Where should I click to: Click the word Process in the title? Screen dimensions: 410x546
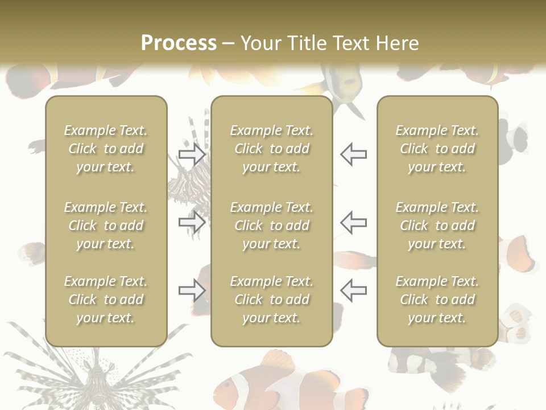click(x=179, y=43)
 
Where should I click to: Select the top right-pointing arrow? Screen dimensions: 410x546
click(x=192, y=154)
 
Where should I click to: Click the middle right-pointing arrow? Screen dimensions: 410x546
click(x=192, y=222)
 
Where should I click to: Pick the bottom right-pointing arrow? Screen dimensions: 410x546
click(x=192, y=290)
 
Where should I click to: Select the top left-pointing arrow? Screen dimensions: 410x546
click(x=353, y=154)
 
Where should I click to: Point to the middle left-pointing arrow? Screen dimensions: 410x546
click(x=353, y=222)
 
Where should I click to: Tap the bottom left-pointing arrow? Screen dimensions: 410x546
click(x=353, y=290)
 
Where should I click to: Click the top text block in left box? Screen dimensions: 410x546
click(x=106, y=149)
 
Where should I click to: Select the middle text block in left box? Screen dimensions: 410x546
click(x=106, y=225)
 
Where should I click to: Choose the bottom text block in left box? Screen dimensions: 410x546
click(x=106, y=300)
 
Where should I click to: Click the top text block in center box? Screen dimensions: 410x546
click(x=272, y=149)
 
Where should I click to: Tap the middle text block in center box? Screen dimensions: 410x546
click(x=272, y=225)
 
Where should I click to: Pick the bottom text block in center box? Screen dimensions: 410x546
click(x=272, y=300)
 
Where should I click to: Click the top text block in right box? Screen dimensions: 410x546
click(x=437, y=149)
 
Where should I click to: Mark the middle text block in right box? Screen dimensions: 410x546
click(x=437, y=225)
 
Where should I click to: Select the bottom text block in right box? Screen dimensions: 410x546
click(x=437, y=300)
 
